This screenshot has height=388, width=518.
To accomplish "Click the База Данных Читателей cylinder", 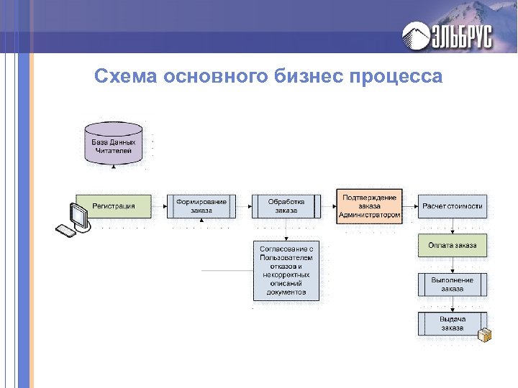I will click(x=114, y=146).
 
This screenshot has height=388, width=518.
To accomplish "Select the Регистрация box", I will click(x=114, y=206).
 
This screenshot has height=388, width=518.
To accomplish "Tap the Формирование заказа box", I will click(x=201, y=206).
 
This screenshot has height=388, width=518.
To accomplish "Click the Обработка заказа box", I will click(x=286, y=206).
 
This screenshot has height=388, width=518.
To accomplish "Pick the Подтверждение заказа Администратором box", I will click(x=370, y=206).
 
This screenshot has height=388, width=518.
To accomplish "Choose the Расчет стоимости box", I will click(x=453, y=206).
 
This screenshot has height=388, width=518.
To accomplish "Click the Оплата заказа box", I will click(x=453, y=246).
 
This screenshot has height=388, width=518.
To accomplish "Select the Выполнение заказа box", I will click(x=453, y=285).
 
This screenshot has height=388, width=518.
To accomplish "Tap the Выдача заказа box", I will click(x=453, y=323).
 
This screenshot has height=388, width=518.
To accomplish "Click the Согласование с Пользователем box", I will click(x=286, y=270).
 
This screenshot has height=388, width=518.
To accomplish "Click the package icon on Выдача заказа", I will click(x=484, y=333).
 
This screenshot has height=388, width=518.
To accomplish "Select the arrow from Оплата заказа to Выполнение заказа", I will click(x=453, y=265).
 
